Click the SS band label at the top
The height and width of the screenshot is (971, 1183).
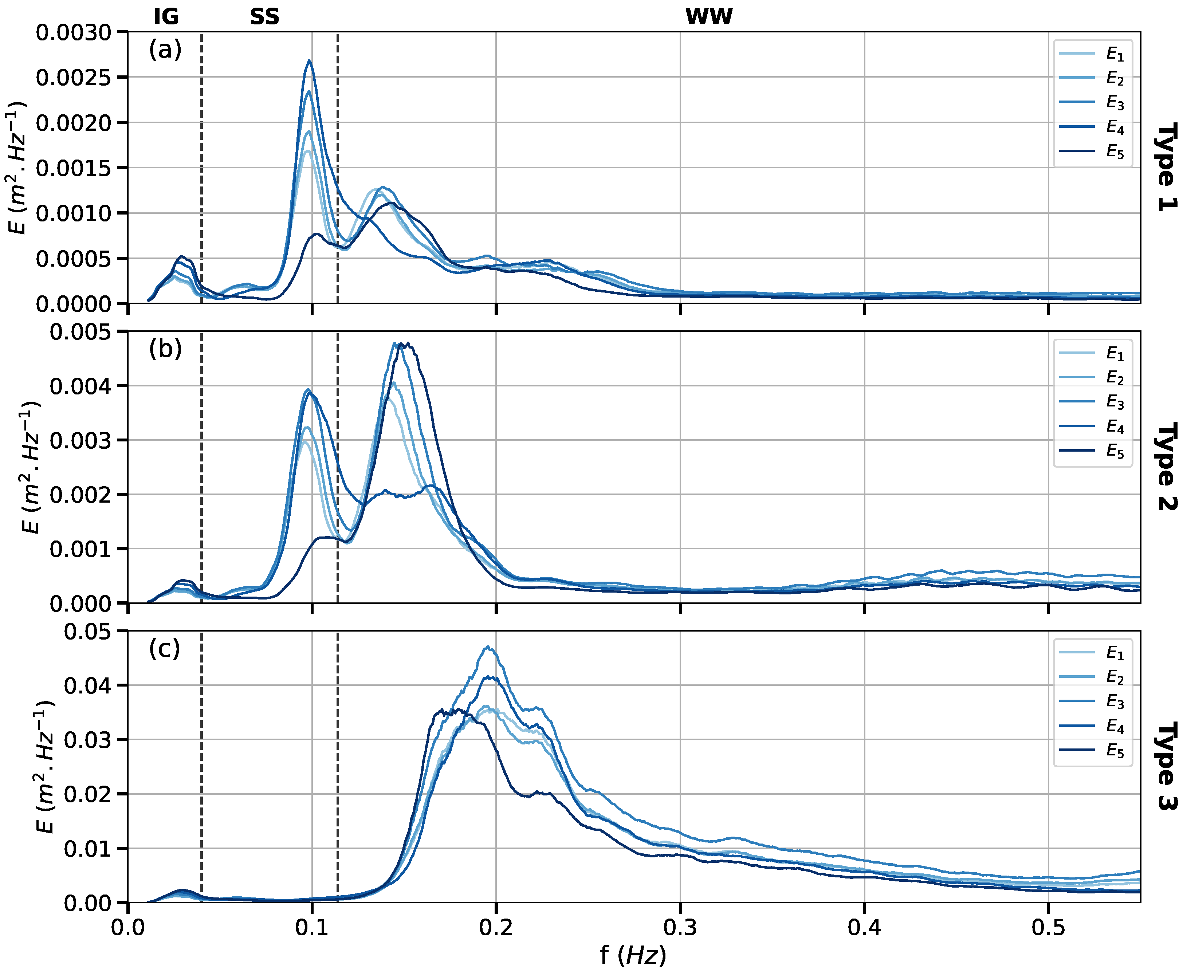[x=264, y=17]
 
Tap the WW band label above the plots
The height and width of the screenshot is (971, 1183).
[x=709, y=17]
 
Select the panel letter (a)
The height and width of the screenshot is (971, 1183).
[x=165, y=50]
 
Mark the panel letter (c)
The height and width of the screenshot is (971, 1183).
[x=164, y=649]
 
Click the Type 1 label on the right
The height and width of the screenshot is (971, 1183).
[x=1166, y=167]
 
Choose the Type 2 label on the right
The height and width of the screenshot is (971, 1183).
[x=1166, y=467]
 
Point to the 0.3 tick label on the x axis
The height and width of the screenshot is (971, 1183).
[x=680, y=927]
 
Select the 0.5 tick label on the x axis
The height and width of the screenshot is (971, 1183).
[x=1048, y=927]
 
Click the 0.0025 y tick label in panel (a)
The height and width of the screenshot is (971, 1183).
[x=74, y=78]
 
